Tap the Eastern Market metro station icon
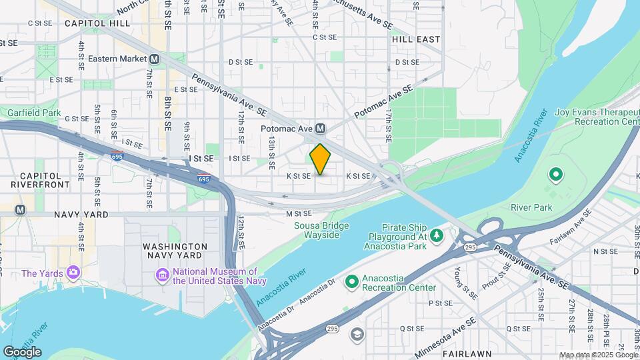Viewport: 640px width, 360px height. click(155, 59)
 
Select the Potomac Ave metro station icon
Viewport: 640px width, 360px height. click(320, 128)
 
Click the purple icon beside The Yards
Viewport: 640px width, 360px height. click(73, 273)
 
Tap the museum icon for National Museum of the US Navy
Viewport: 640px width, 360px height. click(162, 275)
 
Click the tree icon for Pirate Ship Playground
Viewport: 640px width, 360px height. click(437, 235)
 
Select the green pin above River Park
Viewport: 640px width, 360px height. click(555, 175)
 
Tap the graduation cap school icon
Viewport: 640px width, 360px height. click(358, 334)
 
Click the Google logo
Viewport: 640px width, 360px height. click(22, 352)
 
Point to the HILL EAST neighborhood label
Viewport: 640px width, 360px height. click(416, 39)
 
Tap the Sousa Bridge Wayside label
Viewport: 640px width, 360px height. click(321, 230)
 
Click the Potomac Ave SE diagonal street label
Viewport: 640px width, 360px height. click(383, 102)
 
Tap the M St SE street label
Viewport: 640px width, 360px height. click(299, 213)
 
